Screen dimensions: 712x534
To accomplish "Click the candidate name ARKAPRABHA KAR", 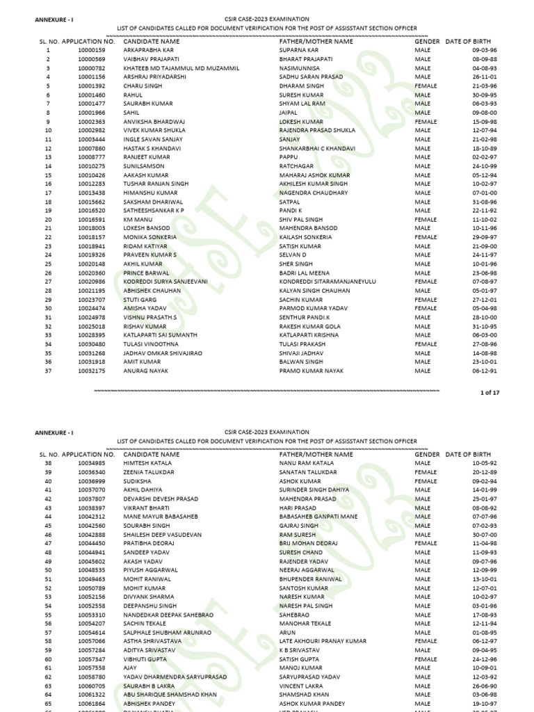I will click(148, 50).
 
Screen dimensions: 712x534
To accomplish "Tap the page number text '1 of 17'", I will click(489, 393).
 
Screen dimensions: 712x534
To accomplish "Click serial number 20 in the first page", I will click(48, 219).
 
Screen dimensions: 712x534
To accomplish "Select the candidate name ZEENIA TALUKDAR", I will click(149, 472).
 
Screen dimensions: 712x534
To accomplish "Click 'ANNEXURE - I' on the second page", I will click(54, 432).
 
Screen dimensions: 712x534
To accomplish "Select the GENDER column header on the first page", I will click(427, 42).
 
